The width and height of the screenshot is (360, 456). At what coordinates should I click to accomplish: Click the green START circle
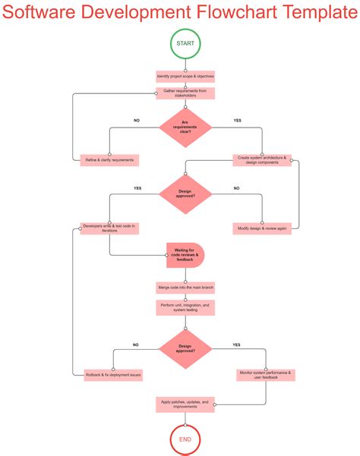tap(185, 44)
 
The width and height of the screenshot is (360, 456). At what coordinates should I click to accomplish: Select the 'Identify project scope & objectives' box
tap(185, 77)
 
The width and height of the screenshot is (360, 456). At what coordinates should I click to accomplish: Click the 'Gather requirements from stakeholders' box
tap(185, 93)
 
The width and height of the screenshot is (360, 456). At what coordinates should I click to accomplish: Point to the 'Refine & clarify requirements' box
tap(109, 160)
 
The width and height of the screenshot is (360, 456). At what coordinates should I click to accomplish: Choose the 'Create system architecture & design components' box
tap(262, 160)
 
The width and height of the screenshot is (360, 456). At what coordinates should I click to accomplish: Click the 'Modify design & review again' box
tap(262, 228)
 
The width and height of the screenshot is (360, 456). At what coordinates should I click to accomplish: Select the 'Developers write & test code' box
tap(109, 228)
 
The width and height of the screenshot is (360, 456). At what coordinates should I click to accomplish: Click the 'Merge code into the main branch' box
tap(185, 288)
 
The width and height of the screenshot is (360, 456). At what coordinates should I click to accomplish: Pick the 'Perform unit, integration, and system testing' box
tap(185, 308)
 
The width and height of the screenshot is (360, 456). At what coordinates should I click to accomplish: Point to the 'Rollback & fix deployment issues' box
tap(114, 375)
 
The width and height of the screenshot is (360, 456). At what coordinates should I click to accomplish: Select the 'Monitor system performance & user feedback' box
tap(266, 375)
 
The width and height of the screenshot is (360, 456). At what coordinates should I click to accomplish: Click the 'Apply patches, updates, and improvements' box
tap(185, 404)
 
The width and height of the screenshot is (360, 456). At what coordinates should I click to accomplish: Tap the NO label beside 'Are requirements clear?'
tap(137, 121)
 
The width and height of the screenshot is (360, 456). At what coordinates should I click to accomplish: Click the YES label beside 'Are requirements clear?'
tap(237, 121)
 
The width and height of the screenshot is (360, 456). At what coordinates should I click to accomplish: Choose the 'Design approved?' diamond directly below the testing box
tap(185, 349)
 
